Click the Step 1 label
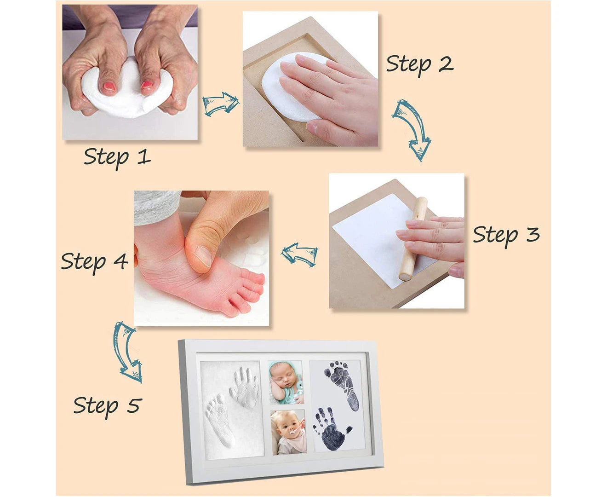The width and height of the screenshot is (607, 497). tap(117, 158)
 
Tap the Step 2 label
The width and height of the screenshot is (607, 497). tap(420, 64)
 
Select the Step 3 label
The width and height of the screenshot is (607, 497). tap(506, 236)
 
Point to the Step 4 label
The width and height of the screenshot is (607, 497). tap(94, 262)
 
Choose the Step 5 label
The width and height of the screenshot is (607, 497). tap(107, 406)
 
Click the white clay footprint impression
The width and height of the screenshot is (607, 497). tap(220, 420)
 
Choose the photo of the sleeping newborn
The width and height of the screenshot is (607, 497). tap(286, 382)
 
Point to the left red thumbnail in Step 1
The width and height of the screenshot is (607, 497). tap(109, 86)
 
